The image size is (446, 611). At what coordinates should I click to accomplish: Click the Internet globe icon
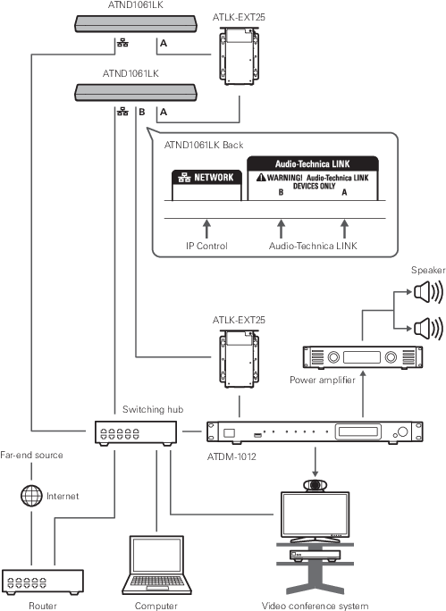click(31, 496)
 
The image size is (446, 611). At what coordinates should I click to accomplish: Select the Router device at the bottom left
click(43, 582)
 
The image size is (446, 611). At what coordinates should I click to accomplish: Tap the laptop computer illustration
click(156, 565)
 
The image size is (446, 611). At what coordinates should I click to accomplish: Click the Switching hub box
click(136, 433)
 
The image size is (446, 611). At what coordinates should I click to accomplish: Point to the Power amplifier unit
click(363, 357)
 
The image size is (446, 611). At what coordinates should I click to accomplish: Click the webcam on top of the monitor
click(315, 486)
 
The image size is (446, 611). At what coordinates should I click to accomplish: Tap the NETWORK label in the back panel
click(206, 178)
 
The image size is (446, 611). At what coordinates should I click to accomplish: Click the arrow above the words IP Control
click(206, 229)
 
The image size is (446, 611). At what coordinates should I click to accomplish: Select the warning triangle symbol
click(261, 178)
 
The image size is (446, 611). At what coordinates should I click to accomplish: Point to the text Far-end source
click(31, 455)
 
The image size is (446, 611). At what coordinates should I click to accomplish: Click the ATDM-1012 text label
click(231, 456)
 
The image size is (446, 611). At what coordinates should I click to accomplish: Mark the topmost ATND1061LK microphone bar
click(136, 23)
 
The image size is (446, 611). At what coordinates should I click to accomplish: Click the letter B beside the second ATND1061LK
click(142, 112)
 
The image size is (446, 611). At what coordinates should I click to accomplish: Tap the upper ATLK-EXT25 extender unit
click(239, 56)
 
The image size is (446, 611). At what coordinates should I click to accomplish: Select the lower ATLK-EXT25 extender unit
click(239, 359)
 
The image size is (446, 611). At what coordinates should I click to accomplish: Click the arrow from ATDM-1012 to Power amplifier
click(363, 394)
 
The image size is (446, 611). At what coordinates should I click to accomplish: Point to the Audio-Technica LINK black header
click(313, 163)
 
